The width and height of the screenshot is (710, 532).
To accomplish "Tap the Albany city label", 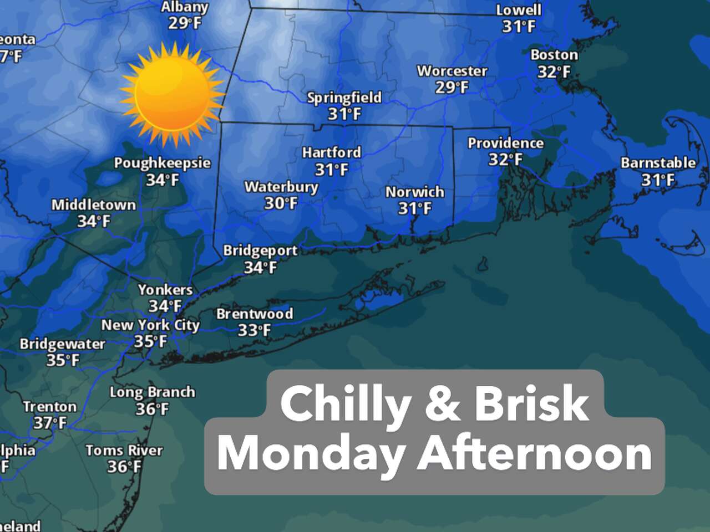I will click(185, 8).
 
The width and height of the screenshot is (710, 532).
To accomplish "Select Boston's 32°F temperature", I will click(554, 72).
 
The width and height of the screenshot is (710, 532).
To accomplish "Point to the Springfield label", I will click(344, 98).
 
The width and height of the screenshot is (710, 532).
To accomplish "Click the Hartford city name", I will click(332, 152).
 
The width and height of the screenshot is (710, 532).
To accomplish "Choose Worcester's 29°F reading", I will click(452, 88).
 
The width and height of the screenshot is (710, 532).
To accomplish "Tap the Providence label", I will click(505, 143).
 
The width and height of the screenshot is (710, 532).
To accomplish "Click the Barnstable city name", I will click(658, 163).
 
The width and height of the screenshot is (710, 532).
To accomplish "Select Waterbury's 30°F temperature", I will click(281, 203).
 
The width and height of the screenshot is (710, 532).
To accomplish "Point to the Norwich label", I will click(415, 192).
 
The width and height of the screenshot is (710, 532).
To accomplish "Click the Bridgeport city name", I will click(260, 250).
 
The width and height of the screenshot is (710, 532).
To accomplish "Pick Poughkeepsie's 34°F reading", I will click(163, 180).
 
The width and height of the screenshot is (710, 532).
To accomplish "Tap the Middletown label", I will click(94, 205).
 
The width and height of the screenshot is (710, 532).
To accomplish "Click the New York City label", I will click(150, 325).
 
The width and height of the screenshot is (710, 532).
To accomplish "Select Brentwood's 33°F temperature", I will click(254, 331).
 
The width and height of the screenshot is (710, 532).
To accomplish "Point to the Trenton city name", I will click(50, 407).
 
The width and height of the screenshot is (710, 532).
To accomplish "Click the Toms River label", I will click(124, 451).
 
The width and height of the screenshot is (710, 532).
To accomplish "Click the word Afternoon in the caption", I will click(535, 454).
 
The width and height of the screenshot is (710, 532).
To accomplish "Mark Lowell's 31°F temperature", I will click(519, 27).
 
